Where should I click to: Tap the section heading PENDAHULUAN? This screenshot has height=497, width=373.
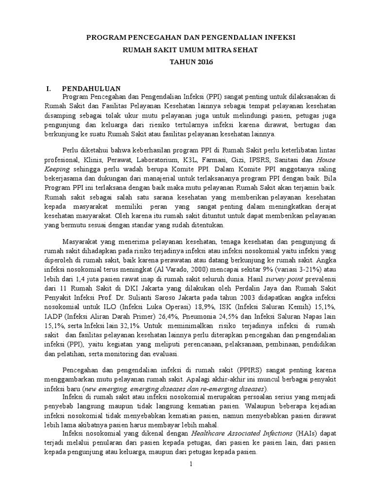click(x=91, y=88)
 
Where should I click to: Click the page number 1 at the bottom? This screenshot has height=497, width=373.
click(x=191, y=464)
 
